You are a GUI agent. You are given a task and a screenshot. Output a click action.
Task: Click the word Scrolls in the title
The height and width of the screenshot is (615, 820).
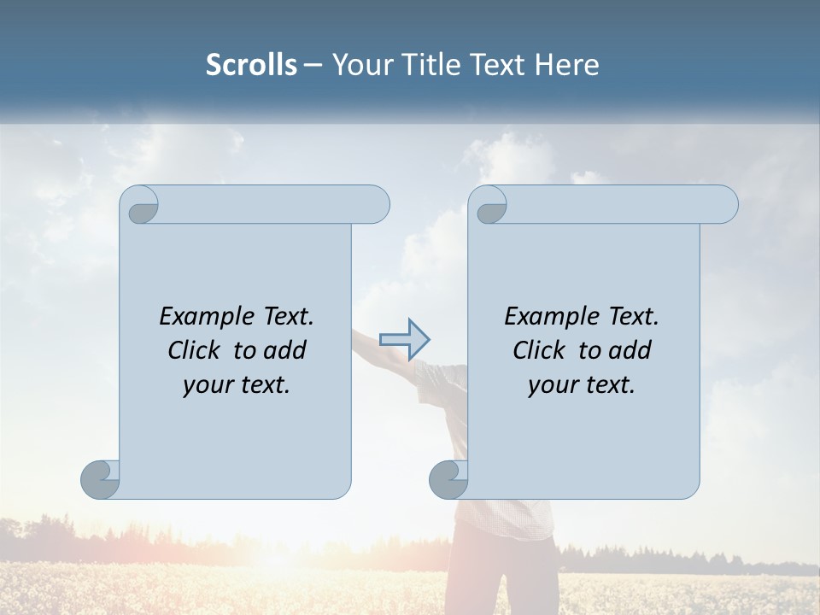251,65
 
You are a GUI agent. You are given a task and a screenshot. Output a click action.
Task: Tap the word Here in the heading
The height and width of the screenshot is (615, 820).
566,65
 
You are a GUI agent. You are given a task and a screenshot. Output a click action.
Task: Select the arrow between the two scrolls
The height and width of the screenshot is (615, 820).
404,339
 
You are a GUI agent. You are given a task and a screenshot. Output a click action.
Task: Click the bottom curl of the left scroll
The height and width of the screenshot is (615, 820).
100,478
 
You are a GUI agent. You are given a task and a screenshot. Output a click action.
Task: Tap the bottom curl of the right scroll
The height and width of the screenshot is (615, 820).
448,478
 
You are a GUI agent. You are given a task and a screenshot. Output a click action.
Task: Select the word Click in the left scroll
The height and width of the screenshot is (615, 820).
196,350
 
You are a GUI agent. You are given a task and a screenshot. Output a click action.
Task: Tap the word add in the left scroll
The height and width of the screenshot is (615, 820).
284,350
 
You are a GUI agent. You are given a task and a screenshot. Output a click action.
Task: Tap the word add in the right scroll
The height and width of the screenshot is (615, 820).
630,350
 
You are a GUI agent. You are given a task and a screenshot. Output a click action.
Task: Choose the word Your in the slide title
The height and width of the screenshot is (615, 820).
360,65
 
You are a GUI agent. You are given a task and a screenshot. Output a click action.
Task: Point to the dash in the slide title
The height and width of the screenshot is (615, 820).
313,65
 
